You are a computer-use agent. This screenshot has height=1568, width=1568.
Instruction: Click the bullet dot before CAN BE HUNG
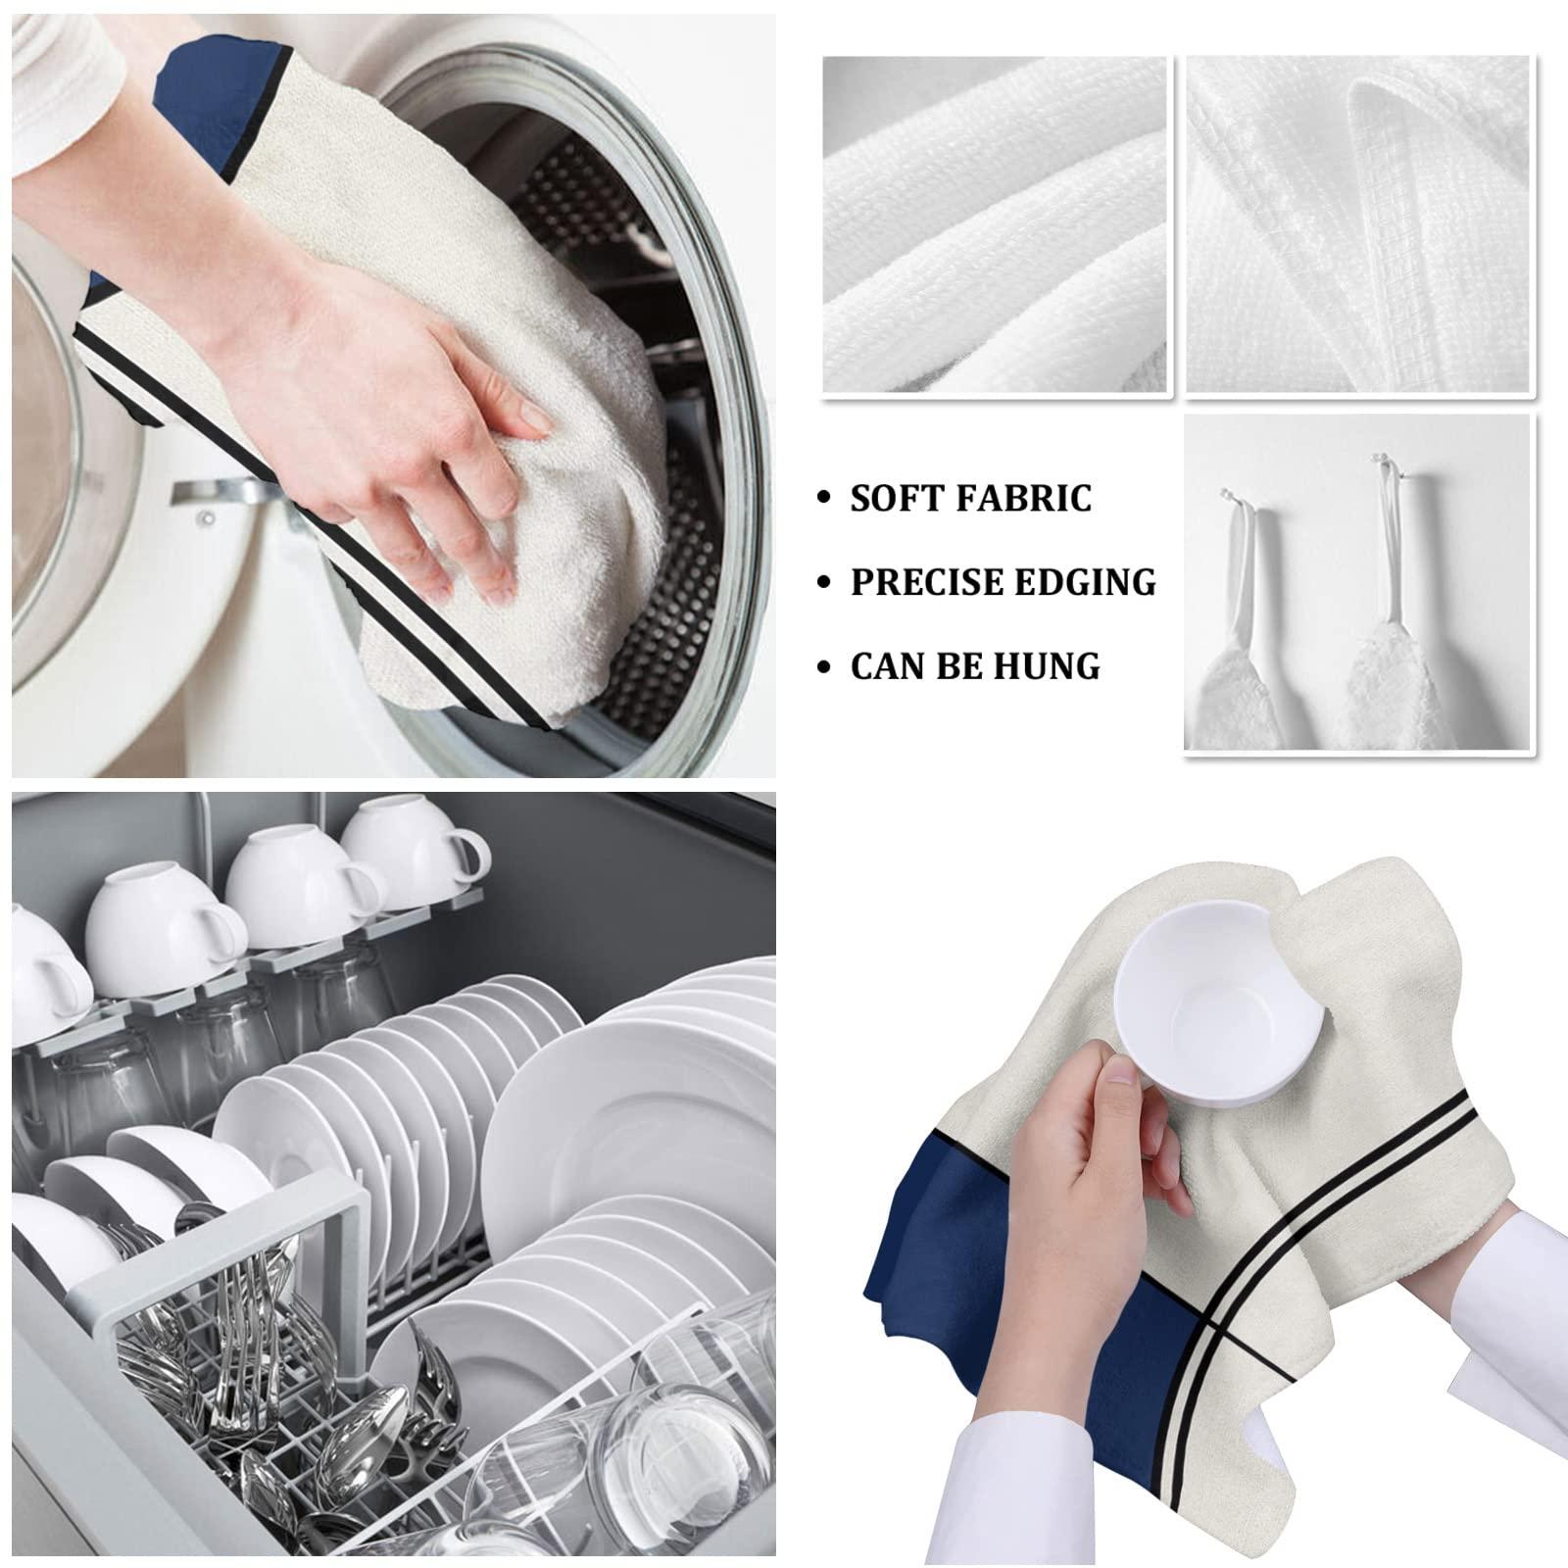coord(826,667)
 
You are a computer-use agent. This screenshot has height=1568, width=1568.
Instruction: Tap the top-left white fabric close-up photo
coord(995,224)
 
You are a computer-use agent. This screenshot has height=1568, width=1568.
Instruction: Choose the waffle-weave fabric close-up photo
coord(1358,224)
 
